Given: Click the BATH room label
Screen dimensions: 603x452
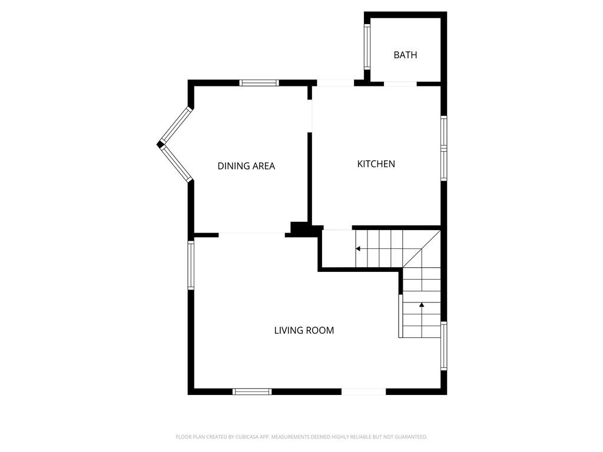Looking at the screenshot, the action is pyautogui.click(x=405, y=55).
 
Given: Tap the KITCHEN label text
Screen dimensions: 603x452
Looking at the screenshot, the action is pyautogui.click(x=376, y=164).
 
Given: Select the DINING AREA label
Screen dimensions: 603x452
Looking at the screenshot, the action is pyautogui.click(x=246, y=166).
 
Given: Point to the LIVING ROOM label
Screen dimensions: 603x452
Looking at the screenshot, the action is pyautogui.click(x=304, y=331).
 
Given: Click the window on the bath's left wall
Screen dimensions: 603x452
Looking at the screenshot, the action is pyautogui.click(x=367, y=47).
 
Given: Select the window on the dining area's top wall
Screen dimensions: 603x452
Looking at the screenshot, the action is pyautogui.click(x=259, y=82).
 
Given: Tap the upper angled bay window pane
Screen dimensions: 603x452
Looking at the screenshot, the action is pyautogui.click(x=175, y=125).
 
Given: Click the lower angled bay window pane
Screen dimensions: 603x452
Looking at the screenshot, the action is pyautogui.click(x=176, y=164).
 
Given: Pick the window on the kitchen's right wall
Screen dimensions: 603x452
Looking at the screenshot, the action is pyautogui.click(x=444, y=148).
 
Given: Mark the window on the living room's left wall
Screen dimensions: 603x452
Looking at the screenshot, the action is pyautogui.click(x=191, y=265).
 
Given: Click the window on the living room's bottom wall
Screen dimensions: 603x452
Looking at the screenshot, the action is pyautogui.click(x=252, y=391).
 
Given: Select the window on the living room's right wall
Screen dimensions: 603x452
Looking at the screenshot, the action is pyautogui.click(x=444, y=346).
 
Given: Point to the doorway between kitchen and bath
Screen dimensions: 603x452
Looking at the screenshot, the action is pyautogui.click(x=400, y=84).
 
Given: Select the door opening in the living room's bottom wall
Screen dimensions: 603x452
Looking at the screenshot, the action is pyautogui.click(x=364, y=391).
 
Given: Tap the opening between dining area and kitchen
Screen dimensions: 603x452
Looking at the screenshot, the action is pyautogui.click(x=310, y=117).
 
